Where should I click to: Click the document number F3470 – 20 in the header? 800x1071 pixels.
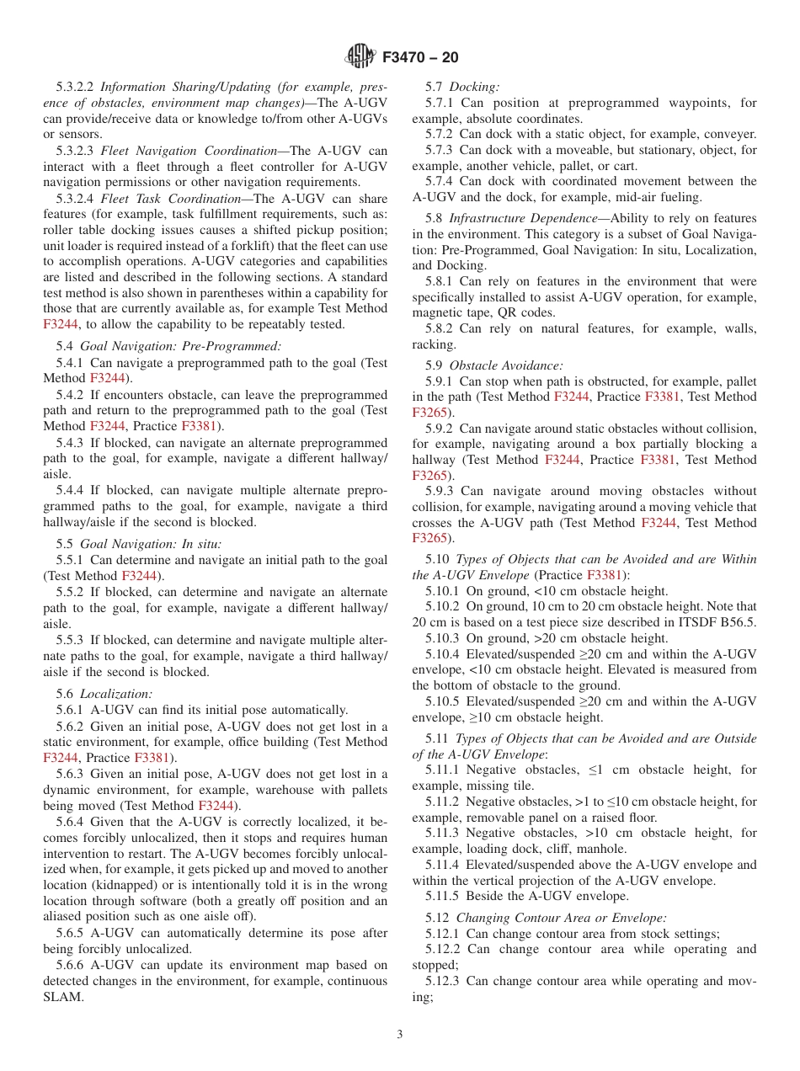[420, 57]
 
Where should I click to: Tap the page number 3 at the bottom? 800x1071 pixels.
[400, 1035]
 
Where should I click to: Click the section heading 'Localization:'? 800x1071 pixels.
[116, 694]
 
